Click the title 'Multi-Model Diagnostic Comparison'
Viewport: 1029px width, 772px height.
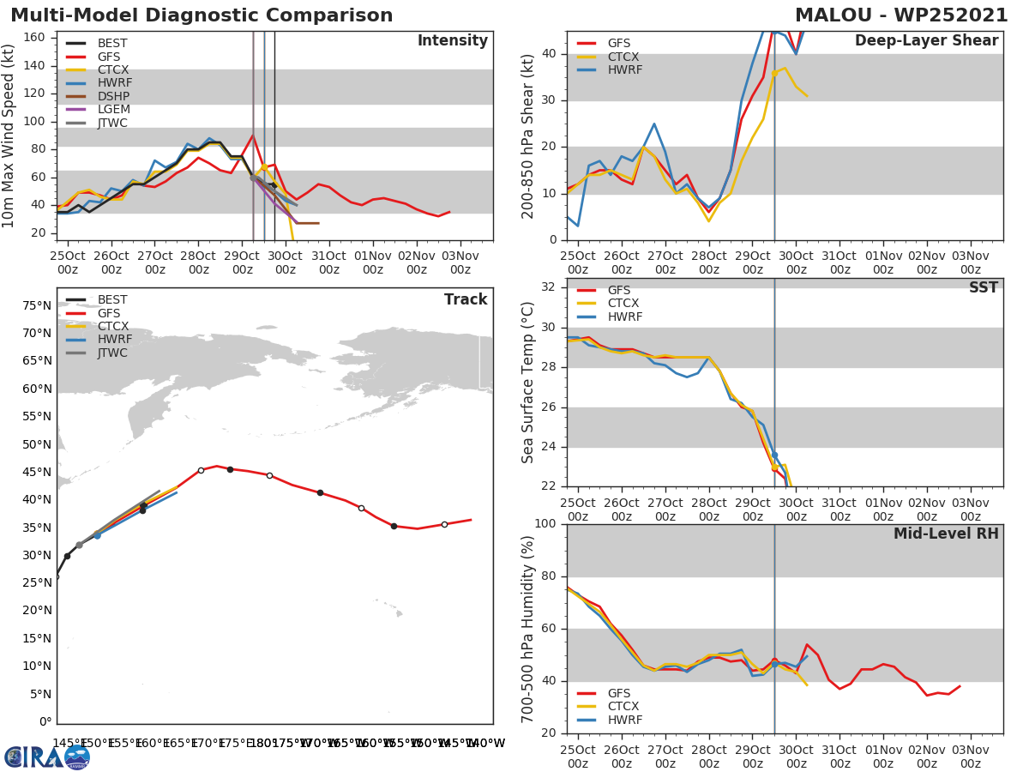tap(202, 15)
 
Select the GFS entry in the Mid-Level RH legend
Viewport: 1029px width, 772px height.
tap(618, 693)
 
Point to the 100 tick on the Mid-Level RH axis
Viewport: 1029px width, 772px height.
tap(544, 524)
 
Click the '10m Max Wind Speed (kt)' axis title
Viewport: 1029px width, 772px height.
tap(9, 136)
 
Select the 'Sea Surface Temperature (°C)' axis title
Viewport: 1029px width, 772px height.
tap(528, 383)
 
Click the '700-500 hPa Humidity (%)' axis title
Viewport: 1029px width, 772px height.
tap(528, 628)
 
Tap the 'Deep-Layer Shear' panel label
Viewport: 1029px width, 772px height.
tap(926, 41)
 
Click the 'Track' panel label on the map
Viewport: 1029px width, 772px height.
tap(466, 299)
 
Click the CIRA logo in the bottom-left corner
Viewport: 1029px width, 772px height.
tap(47, 757)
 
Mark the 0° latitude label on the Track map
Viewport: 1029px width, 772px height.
tap(45, 721)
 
